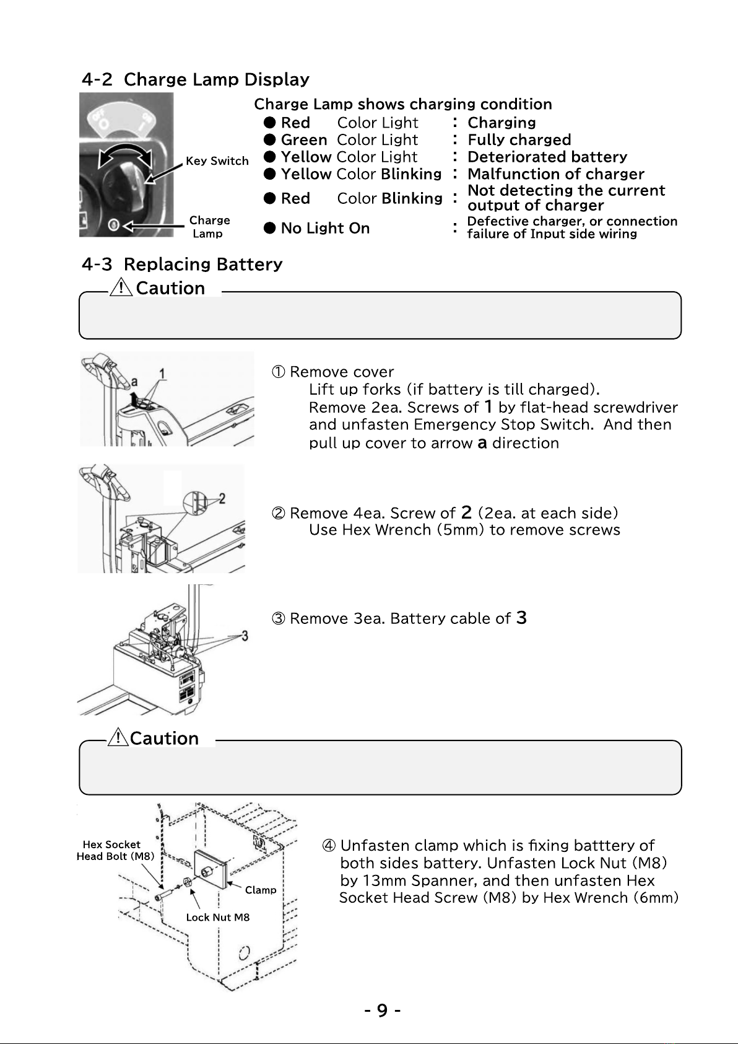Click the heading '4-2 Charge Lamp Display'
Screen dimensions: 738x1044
point(195,79)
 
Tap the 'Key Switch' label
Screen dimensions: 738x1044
point(217,161)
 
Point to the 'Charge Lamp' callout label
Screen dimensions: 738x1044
point(209,227)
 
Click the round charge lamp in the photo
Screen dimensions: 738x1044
point(114,225)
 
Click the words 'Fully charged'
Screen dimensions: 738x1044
point(519,139)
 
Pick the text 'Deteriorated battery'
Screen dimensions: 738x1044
point(547,157)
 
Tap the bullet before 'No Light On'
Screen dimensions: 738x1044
point(269,228)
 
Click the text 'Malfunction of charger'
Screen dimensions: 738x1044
point(556,174)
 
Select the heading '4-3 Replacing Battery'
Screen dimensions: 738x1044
point(182,264)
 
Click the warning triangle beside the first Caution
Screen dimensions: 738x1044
point(121,286)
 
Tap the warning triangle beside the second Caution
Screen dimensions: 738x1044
point(118,737)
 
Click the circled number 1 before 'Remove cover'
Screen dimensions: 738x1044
point(278,372)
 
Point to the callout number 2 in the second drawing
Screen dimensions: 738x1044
point(222,499)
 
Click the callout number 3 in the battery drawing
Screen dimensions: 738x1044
point(245,636)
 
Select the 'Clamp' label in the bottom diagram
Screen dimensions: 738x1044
point(261,890)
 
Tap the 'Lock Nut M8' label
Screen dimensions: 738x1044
point(218,917)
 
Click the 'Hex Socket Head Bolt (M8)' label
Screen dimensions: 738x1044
point(115,850)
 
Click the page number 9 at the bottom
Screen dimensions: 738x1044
point(382,1011)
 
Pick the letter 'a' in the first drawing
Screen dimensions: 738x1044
point(134,382)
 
